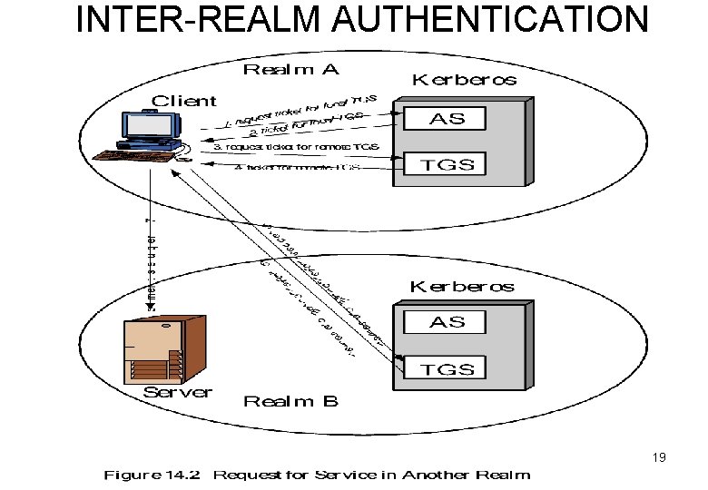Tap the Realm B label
point(291,400)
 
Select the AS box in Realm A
point(444,120)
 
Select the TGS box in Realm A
point(444,164)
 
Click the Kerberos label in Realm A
point(465,80)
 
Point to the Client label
point(183,100)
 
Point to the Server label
point(178,392)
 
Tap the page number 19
point(658,457)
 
